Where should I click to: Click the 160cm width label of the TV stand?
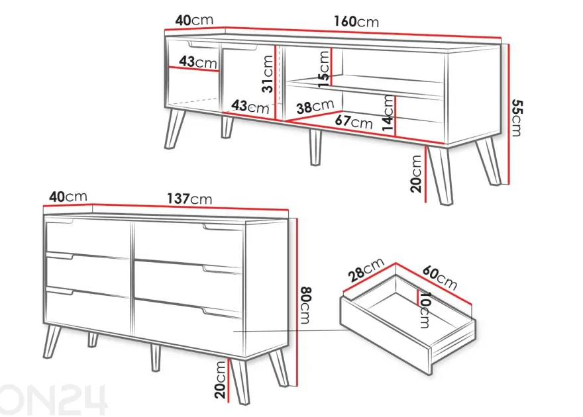[x=356, y=22]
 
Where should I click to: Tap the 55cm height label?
[x=517, y=117]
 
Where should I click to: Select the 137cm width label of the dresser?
[x=189, y=199]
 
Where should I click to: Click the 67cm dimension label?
[x=354, y=121]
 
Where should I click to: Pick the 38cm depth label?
[x=315, y=107]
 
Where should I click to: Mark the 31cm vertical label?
[x=268, y=73]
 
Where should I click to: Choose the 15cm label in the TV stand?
[x=323, y=69]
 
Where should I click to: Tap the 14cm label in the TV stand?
[x=388, y=113]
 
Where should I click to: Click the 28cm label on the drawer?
[x=366, y=269]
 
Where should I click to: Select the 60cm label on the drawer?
[x=439, y=278]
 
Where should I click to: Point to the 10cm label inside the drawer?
[x=425, y=310]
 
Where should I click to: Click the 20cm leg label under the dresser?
[x=220, y=379]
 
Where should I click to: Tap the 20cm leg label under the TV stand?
[x=416, y=173]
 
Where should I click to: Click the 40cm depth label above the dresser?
[x=68, y=197]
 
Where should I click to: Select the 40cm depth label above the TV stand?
[x=194, y=20]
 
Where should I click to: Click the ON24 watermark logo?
[x=53, y=399]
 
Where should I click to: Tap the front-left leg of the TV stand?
[x=175, y=128]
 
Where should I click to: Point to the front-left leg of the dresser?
[x=52, y=341]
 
